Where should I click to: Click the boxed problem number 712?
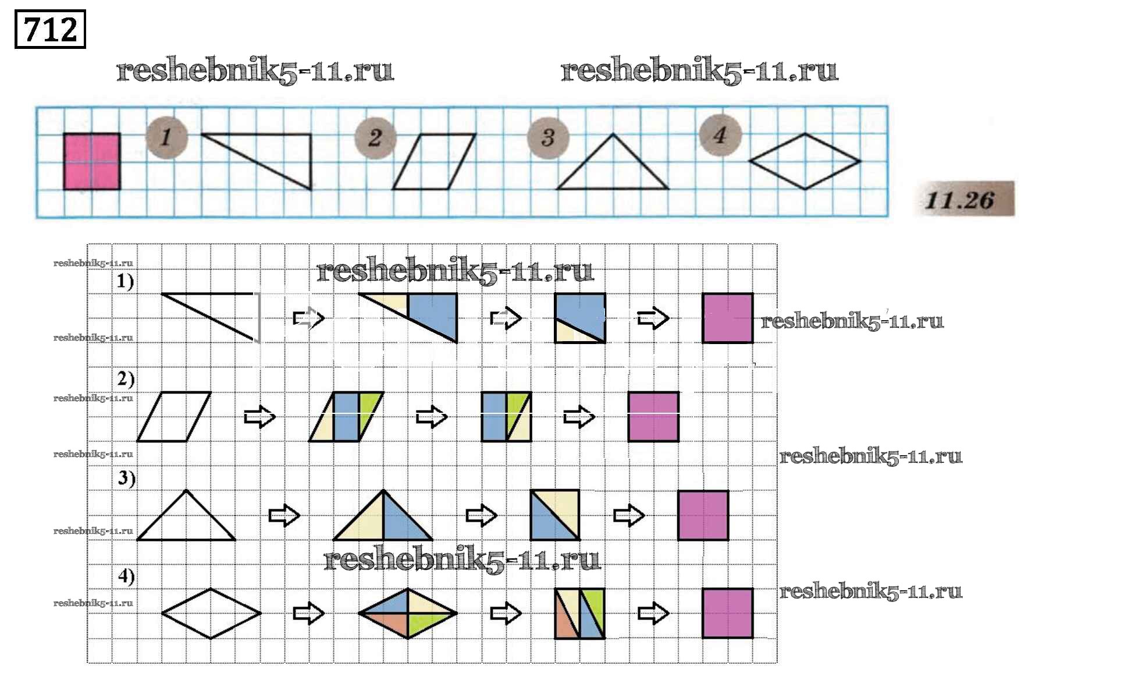pyautogui.click(x=50, y=29)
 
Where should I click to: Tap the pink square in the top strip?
pyautogui.click(x=92, y=161)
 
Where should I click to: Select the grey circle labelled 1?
pyautogui.click(x=166, y=137)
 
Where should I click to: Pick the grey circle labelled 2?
pyautogui.click(x=375, y=138)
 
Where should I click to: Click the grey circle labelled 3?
pyautogui.click(x=547, y=138)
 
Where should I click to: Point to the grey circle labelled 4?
pyautogui.click(x=720, y=136)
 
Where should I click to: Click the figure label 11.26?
pyautogui.click(x=964, y=200)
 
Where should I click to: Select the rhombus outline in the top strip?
pyautogui.click(x=805, y=161)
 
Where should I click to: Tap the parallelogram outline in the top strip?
pyautogui.click(x=434, y=161)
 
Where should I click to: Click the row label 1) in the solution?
pyautogui.click(x=125, y=281)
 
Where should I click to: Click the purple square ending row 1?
pyautogui.click(x=727, y=318)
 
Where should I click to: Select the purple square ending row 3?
pyautogui.click(x=703, y=515)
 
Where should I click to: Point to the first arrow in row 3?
pyautogui.click(x=284, y=515)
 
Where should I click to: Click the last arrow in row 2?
pyautogui.click(x=579, y=416)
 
